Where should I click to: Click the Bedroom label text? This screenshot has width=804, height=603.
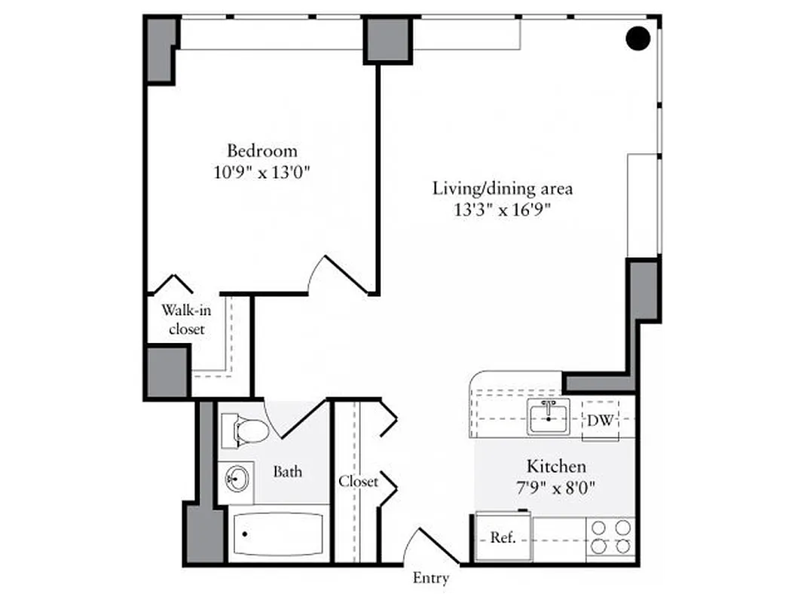tap(262, 150)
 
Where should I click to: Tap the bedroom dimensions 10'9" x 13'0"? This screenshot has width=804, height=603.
tap(262, 172)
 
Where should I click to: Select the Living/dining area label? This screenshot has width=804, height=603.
tap(502, 188)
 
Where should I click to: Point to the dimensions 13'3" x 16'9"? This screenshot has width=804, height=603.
tap(503, 210)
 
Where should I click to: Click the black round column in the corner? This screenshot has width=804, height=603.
tap(638, 38)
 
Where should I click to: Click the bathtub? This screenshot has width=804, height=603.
tap(277, 534)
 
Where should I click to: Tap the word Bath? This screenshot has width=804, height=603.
tap(287, 472)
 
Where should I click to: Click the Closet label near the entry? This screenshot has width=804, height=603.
tap(357, 481)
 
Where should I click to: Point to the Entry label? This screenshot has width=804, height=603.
tap(431, 578)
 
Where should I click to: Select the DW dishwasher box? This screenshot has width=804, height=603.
tap(601, 421)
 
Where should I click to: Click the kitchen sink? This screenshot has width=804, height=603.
tap(549, 416)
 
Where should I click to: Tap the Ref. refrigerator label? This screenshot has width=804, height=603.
tap(502, 538)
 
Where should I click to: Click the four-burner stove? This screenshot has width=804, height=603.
tap(611, 537)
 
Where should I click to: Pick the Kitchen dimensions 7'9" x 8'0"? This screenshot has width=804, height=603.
tap(556, 488)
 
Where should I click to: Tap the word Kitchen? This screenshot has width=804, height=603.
tap(556, 467)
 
